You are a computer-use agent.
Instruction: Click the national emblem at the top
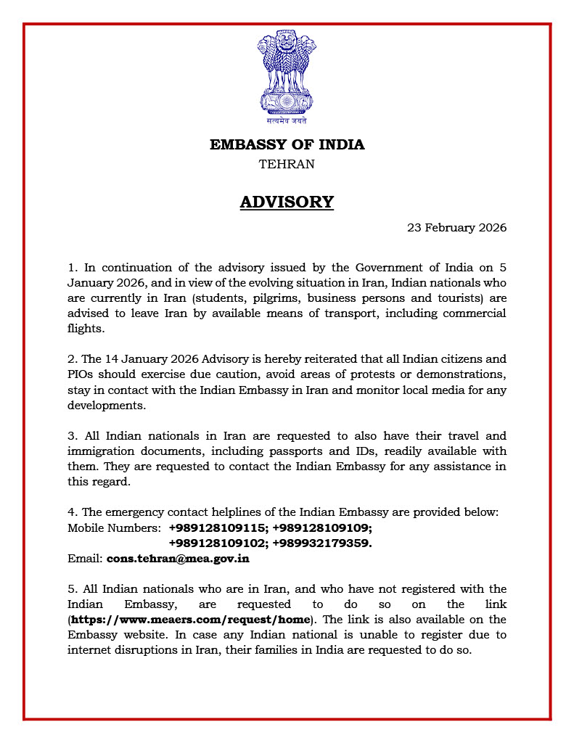tap(287, 75)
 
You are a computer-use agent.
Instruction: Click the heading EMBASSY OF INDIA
tap(287, 144)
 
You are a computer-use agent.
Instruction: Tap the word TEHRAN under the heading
tap(287, 164)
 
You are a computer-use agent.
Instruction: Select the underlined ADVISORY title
tap(287, 202)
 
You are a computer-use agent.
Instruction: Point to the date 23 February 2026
tap(456, 227)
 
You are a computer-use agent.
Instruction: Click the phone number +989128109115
tap(217, 528)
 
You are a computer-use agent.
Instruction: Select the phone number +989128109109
tap(322, 528)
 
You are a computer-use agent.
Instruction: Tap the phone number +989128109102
tap(217, 543)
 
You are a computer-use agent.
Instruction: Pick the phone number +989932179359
tap(322, 543)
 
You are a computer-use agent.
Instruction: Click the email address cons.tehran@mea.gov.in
tap(178, 559)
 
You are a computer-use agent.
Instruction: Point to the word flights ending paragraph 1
tap(86, 329)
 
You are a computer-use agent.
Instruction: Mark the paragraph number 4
tap(71, 513)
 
